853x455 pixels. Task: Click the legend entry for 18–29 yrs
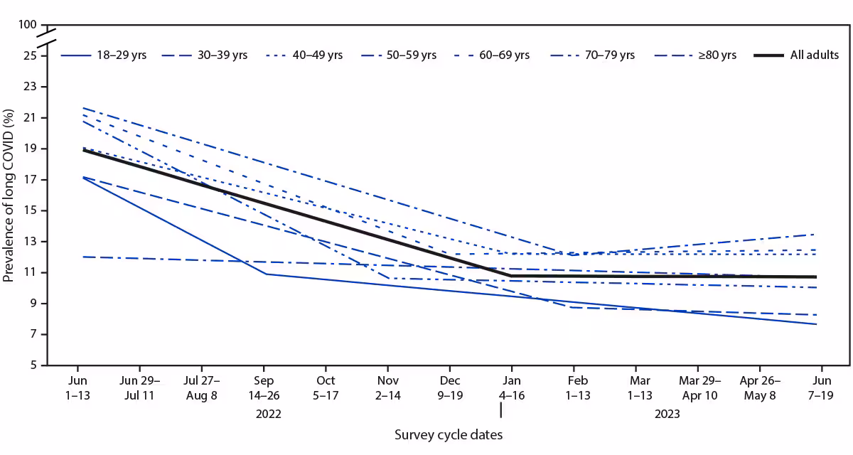[x=104, y=55]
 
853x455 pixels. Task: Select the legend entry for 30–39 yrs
[x=205, y=55]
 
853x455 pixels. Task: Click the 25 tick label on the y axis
[x=31, y=55]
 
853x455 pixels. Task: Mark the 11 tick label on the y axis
[x=31, y=273]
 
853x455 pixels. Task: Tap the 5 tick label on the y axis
[x=33, y=366]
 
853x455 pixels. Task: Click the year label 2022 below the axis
[x=264, y=414]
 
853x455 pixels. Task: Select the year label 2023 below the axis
[x=665, y=414]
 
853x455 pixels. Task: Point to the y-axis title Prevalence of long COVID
[x=9, y=196]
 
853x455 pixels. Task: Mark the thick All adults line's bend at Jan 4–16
[x=510, y=275]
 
